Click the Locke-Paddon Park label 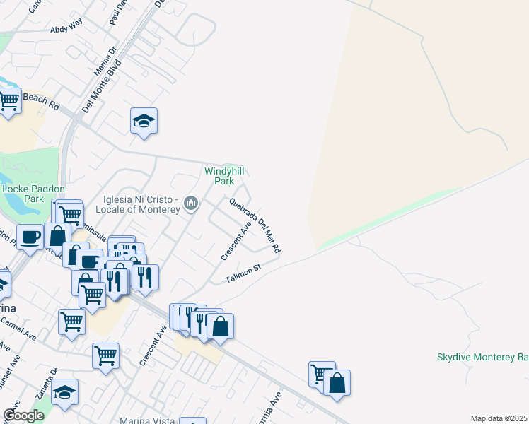pos(33,194)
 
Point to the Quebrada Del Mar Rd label pos(255,225)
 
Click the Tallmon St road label pos(243,273)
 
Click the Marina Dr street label pos(105,62)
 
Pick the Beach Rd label pos(42,100)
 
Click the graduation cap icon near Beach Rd pos(144,121)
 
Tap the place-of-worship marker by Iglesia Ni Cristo pos(190,204)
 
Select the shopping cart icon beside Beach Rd pos(8,100)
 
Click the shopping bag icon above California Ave pos(337,383)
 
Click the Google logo pos(23,416)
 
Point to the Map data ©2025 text pos(499,418)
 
